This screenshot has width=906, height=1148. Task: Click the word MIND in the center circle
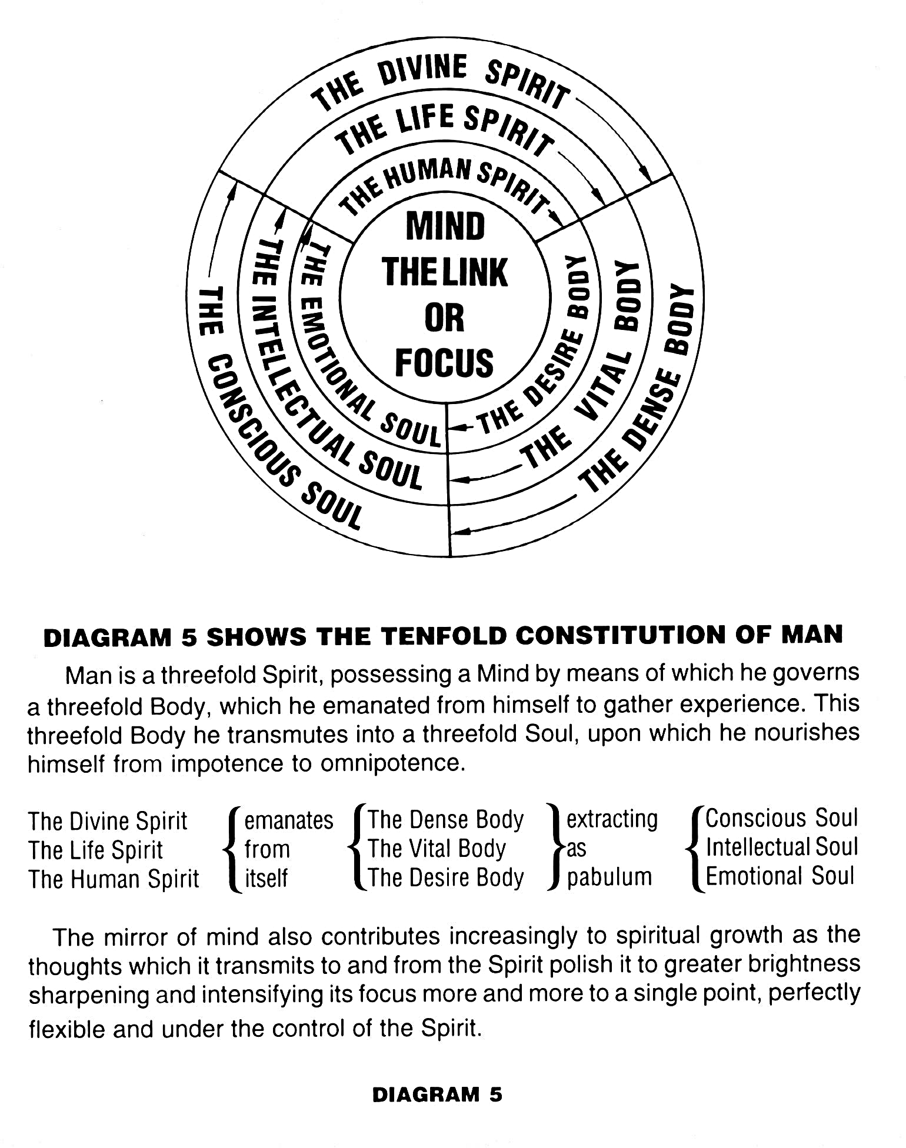click(x=445, y=226)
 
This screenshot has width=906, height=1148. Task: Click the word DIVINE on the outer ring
click(x=422, y=69)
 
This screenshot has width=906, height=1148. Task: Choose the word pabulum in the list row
click(x=609, y=877)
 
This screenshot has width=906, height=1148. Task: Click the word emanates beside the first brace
click(x=288, y=820)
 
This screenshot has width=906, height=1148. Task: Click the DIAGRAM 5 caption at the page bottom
click(x=437, y=1094)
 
